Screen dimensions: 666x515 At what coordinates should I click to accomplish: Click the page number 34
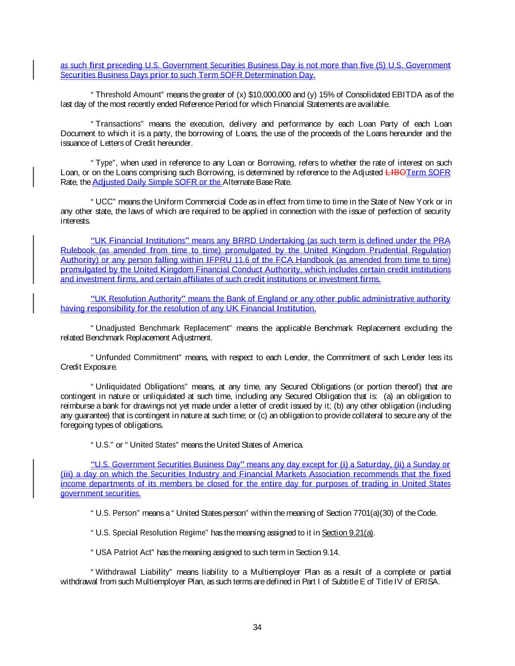[x=257, y=627]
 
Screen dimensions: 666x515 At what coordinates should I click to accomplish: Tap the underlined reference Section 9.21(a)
[x=347, y=533]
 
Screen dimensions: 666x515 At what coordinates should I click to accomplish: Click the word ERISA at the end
[x=429, y=582]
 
